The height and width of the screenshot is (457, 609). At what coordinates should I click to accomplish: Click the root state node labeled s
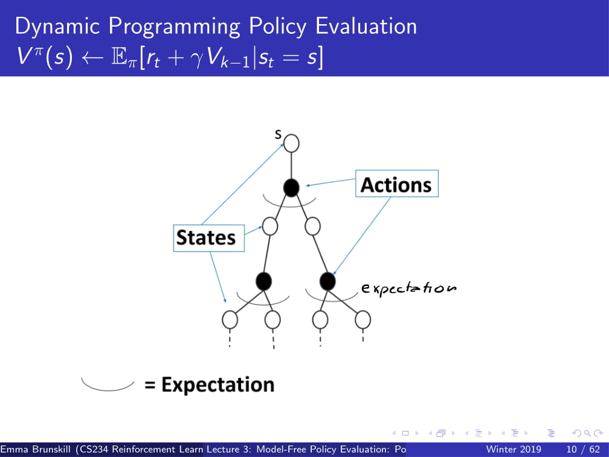(291, 143)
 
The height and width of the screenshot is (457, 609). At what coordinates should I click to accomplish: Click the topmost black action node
(291, 188)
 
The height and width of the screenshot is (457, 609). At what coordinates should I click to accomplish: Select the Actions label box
(397, 183)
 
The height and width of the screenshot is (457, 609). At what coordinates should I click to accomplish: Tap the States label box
(208, 238)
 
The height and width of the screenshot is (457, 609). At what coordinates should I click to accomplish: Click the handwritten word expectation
(408, 288)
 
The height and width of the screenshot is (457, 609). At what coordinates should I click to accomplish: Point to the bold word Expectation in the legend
(218, 384)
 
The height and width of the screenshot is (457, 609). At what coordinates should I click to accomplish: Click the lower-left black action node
(263, 281)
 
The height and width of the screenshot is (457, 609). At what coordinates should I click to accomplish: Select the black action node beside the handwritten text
(327, 281)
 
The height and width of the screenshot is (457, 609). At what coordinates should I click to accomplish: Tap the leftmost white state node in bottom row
(230, 320)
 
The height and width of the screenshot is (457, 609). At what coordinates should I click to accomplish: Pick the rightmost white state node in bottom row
(362, 320)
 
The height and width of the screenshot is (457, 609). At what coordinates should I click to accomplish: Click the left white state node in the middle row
(270, 226)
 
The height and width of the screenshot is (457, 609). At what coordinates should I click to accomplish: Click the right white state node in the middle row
(313, 226)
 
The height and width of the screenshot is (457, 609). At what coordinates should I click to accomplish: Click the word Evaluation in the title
(366, 26)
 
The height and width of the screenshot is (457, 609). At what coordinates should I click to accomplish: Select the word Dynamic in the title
(57, 27)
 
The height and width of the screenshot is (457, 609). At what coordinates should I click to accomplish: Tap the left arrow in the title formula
(92, 58)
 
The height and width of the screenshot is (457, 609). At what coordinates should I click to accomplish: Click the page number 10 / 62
(583, 450)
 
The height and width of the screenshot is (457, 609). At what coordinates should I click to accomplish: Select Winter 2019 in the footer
(514, 450)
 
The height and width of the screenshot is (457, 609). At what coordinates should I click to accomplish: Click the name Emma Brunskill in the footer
(36, 450)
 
